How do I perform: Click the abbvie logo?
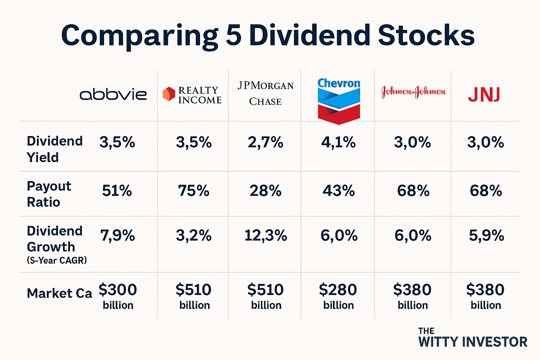coord(113,94)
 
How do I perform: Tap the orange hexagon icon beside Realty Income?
coord(169,94)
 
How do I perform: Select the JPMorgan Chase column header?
coord(265,94)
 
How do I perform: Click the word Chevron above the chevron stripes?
coord(339,83)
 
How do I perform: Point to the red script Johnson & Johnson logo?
coord(413,92)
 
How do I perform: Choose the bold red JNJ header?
coord(484,94)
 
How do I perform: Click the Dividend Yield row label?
coord(54,149)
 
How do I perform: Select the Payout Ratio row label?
coord(49,194)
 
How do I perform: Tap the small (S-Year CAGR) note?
coord(57,261)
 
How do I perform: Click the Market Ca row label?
coord(59,293)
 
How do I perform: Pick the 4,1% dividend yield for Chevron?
coord(338,142)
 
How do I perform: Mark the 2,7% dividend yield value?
coord(265,142)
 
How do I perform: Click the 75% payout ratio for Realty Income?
coord(194,191)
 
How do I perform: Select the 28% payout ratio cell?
coord(265,191)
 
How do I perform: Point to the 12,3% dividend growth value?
coord(265,235)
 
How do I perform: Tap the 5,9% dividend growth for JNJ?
coord(486,235)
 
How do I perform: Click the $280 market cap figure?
coord(338,290)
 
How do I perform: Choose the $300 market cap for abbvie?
coord(118,290)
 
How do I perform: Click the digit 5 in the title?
coord(233,36)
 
